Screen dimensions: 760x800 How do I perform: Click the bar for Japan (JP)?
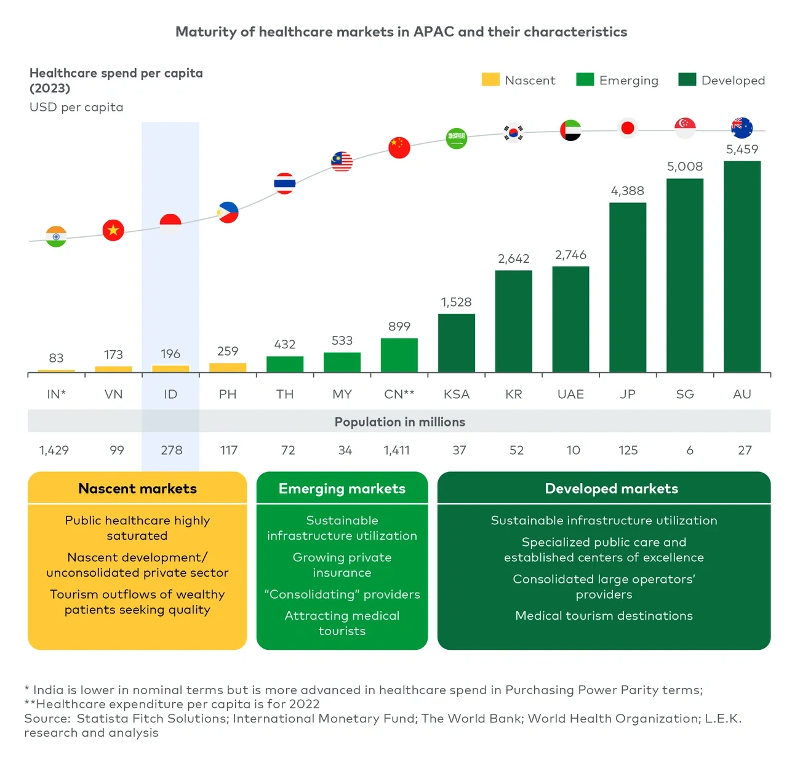click(627, 287)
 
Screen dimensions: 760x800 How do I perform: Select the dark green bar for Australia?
click(742, 266)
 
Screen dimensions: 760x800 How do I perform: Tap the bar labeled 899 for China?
click(399, 355)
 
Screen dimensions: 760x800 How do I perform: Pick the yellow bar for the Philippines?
click(228, 367)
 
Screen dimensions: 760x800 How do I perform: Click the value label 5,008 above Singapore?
click(684, 167)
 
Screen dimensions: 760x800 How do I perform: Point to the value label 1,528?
click(456, 302)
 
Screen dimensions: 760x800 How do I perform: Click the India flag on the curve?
click(56, 236)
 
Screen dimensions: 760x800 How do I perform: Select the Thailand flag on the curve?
click(284, 183)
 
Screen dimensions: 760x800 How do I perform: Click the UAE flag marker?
click(570, 130)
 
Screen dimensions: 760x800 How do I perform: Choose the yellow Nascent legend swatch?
click(490, 80)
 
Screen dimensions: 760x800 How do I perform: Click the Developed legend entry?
click(721, 80)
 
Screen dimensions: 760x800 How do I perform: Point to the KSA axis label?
click(456, 394)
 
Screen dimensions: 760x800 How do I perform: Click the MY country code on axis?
click(342, 394)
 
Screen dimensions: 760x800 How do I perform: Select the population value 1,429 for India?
click(54, 450)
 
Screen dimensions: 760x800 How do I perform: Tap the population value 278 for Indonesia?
click(171, 450)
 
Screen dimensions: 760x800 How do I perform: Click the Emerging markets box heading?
click(342, 489)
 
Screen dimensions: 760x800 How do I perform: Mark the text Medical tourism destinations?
click(604, 616)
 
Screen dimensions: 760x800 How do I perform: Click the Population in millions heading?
click(399, 422)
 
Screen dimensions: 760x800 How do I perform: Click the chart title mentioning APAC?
click(401, 32)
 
